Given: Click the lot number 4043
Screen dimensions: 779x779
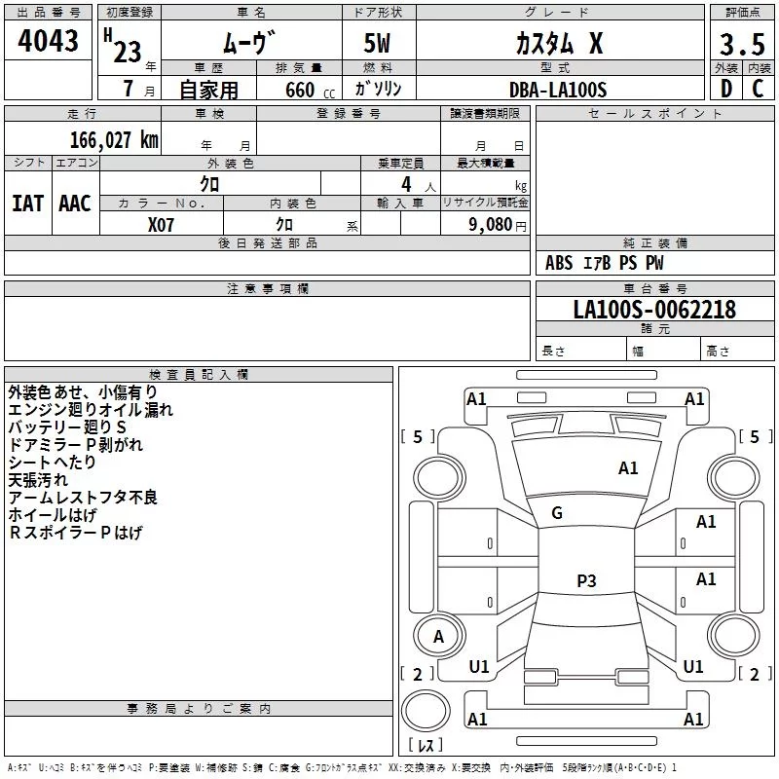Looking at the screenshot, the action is click(48, 40).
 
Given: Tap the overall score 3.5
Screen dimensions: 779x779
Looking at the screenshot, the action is click(742, 44).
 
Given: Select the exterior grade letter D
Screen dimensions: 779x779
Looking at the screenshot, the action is click(726, 89).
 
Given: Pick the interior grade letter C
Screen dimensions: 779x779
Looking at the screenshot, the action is click(758, 89).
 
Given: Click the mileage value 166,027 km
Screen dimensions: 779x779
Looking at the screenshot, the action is click(114, 139).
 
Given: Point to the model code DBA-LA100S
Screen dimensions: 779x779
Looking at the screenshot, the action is click(558, 90).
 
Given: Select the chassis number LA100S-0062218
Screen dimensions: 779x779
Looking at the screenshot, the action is click(654, 310).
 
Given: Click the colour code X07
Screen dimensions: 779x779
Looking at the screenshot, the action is click(161, 225).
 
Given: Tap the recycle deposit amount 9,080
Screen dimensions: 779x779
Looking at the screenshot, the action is click(491, 224).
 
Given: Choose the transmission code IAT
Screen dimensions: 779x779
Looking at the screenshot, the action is click(27, 204).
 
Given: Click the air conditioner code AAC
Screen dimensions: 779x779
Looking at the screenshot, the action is click(75, 204).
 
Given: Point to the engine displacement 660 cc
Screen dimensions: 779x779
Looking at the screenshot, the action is click(310, 91).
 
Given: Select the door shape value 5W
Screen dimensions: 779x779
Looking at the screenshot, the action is click(377, 43).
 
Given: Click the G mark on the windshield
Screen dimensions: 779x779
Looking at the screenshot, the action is click(557, 513).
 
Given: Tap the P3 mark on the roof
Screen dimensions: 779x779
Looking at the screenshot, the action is click(586, 580).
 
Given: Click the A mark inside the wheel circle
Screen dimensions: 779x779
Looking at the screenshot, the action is click(438, 637).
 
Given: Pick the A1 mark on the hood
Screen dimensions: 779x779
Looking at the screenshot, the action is click(628, 468).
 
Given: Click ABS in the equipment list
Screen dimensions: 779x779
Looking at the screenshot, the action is click(559, 263).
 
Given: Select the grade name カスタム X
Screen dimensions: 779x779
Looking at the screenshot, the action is click(559, 43).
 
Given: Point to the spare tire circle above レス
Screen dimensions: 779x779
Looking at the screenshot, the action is click(426, 711).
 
